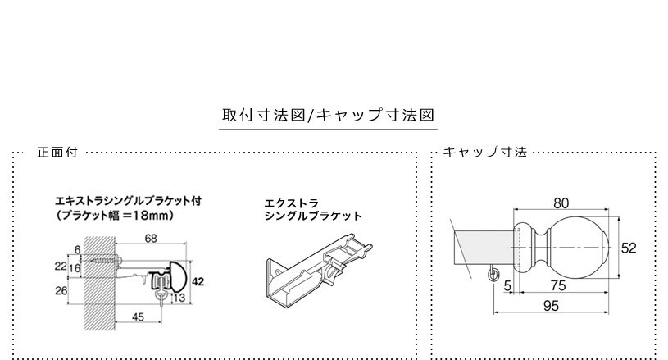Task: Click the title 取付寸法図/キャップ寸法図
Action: pos(328,115)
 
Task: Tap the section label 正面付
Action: pos(57,152)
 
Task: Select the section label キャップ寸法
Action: pos(485,152)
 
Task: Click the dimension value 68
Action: pos(151,238)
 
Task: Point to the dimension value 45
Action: pos(138,317)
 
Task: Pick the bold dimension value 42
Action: pos(198,281)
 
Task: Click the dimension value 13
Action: pos(179,298)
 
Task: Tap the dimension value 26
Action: pos(61,290)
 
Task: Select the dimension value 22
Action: pos(61,267)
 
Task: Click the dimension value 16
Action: pos(75,268)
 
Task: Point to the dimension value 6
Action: pos(77,249)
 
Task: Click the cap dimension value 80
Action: pos(561,203)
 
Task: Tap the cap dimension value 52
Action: pos(629,248)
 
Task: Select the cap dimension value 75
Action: pos(558,285)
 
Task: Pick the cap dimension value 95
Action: pos(551,306)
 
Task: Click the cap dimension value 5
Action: pos(507,285)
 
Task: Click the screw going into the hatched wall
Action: pos(106,259)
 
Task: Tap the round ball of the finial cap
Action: pos(578,248)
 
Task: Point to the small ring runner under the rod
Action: pos(493,275)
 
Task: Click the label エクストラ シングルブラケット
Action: pos(313,209)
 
